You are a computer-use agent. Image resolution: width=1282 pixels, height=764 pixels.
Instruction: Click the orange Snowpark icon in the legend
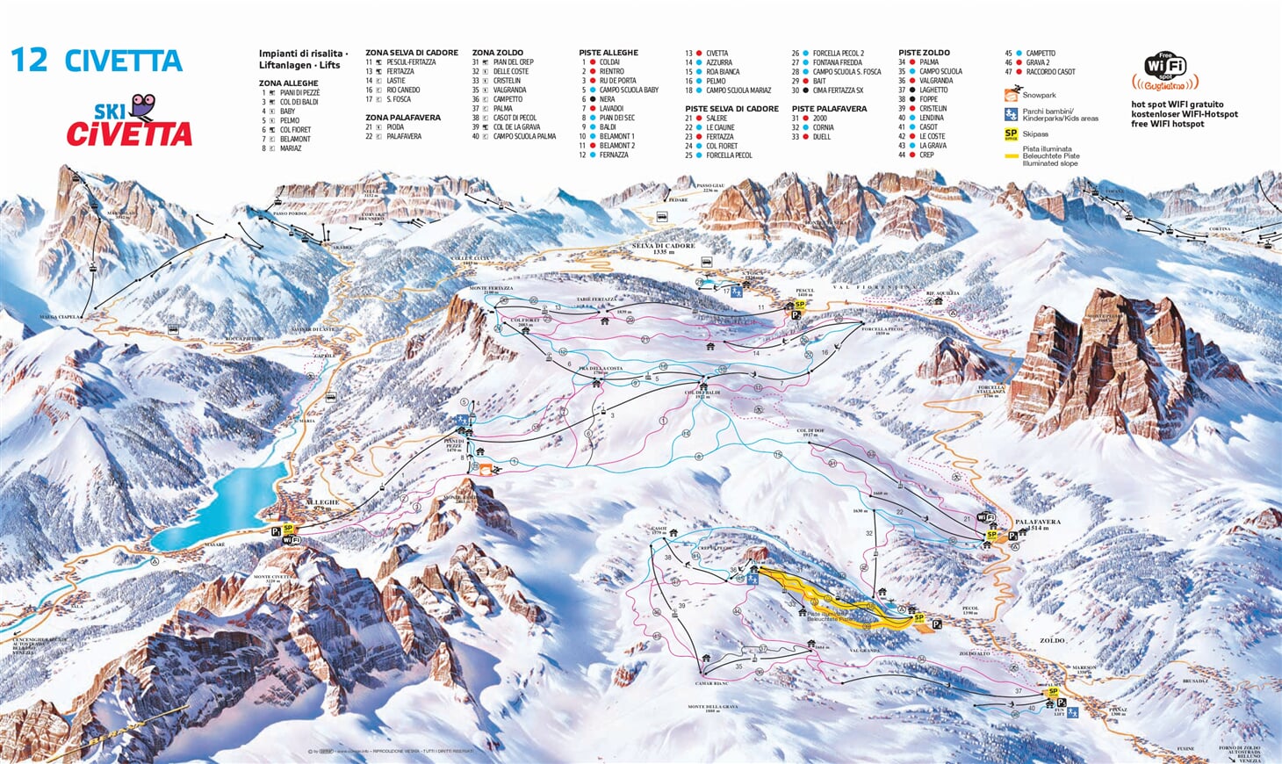pos(1012,95)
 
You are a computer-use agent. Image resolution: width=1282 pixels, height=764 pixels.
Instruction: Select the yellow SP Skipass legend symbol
pos(1011,133)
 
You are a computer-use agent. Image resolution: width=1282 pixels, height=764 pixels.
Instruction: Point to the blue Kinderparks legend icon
pos(1011,114)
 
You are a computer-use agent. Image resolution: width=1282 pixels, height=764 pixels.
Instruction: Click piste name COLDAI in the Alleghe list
pos(609,62)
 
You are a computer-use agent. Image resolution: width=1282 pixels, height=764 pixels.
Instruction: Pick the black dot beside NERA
pos(593,99)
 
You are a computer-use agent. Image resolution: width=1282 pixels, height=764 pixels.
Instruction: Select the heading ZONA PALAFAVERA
pos(403,118)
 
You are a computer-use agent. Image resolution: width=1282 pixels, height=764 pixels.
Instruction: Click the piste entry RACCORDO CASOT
pos(1050,72)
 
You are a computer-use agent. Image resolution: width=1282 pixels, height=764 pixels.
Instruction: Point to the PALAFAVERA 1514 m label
pos(1038,523)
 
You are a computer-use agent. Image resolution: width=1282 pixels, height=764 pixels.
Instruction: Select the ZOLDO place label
pos(1052,641)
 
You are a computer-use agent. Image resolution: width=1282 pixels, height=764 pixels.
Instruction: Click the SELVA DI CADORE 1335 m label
pos(663,248)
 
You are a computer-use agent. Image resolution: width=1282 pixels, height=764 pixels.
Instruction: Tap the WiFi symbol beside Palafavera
pos(987,519)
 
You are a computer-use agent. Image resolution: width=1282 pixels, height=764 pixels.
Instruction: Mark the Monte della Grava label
pos(712,708)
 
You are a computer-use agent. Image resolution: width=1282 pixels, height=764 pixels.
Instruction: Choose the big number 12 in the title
pos(28,61)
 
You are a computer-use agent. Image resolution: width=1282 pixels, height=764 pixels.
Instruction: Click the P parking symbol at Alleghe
pos(276,531)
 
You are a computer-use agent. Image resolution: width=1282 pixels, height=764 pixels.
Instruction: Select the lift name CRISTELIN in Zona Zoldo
pos(507,81)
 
